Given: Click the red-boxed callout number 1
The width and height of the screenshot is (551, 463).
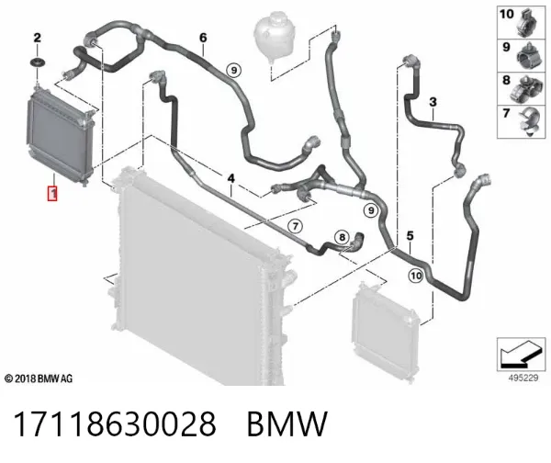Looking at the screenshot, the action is (x=52, y=193).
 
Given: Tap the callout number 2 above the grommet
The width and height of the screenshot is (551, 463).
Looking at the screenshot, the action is (x=37, y=38).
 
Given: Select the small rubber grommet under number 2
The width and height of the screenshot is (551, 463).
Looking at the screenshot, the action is (x=37, y=63).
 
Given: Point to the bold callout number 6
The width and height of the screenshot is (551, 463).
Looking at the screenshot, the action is (x=203, y=38).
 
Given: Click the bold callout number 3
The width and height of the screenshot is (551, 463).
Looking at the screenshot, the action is (x=433, y=102).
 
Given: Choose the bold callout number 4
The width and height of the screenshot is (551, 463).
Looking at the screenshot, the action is (x=231, y=178).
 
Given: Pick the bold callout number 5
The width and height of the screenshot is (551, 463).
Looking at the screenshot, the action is (x=410, y=236).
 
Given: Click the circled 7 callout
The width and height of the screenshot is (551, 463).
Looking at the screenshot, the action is (x=295, y=226).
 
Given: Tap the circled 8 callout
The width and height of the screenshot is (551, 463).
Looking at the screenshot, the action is (x=343, y=237).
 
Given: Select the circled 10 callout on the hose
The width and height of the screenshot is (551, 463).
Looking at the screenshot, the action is (x=416, y=276).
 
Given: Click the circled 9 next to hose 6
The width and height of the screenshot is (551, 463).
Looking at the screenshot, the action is (x=234, y=71).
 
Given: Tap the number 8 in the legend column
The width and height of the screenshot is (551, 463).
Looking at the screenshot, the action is (x=506, y=80).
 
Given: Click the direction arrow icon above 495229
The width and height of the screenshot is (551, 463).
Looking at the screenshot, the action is (x=521, y=355).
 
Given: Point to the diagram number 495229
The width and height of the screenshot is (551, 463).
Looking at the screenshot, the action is (x=523, y=378).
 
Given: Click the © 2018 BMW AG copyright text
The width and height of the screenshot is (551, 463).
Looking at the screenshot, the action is (x=39, y=378).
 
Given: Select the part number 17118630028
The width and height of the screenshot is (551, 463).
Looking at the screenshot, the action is (x=115, y=423).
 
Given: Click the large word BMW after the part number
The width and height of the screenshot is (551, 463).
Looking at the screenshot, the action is (x=287, y=424).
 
